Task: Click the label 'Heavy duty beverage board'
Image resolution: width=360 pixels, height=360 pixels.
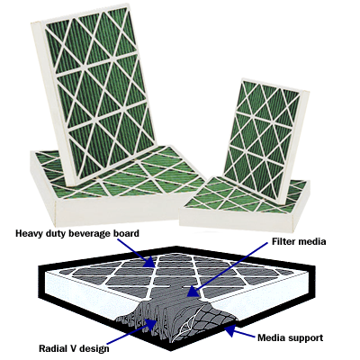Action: [77, 233]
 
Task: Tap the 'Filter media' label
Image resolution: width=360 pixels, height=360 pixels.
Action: [299, 241]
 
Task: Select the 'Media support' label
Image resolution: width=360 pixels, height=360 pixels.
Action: [291, 337]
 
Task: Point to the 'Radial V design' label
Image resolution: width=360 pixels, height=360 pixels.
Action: [74, 348]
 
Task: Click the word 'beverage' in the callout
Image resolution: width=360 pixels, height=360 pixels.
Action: [93, 233]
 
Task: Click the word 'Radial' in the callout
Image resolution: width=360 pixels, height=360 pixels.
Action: [52, 348]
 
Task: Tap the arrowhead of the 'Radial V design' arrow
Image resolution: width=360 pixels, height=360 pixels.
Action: [152, 324]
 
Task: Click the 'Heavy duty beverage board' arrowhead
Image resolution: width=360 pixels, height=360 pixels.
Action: [149, 262]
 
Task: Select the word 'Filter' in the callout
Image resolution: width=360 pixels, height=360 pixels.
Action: [283, 241]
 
